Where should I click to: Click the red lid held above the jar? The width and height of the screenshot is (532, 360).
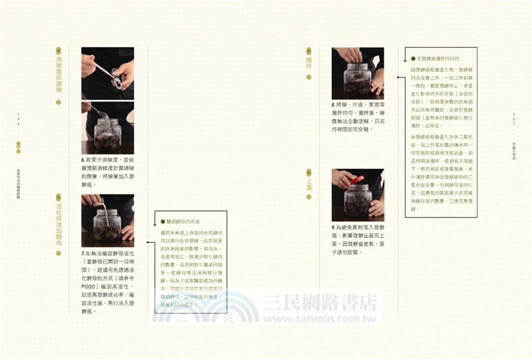click(x=357, y=179)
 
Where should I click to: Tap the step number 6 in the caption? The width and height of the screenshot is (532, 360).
click(x=84, y=160)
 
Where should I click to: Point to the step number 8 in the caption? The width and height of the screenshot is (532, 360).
click(x=334, y=104)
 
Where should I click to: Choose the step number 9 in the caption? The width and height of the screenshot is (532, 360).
click(x=334, y=228)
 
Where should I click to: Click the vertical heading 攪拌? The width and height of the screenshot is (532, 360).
click(x=309, y=63)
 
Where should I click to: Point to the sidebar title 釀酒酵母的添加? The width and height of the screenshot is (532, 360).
click(x=181, y=221)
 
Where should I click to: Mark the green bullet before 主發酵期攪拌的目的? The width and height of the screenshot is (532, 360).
click(x=413, y=59)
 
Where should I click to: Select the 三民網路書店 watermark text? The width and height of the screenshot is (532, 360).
click(x=320, y=303)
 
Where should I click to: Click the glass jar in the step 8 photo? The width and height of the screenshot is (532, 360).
click(x=357, y=80)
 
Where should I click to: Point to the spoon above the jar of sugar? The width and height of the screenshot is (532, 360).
click(x=98, y=111)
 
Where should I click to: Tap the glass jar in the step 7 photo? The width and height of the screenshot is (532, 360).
click(x=106, y=226)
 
